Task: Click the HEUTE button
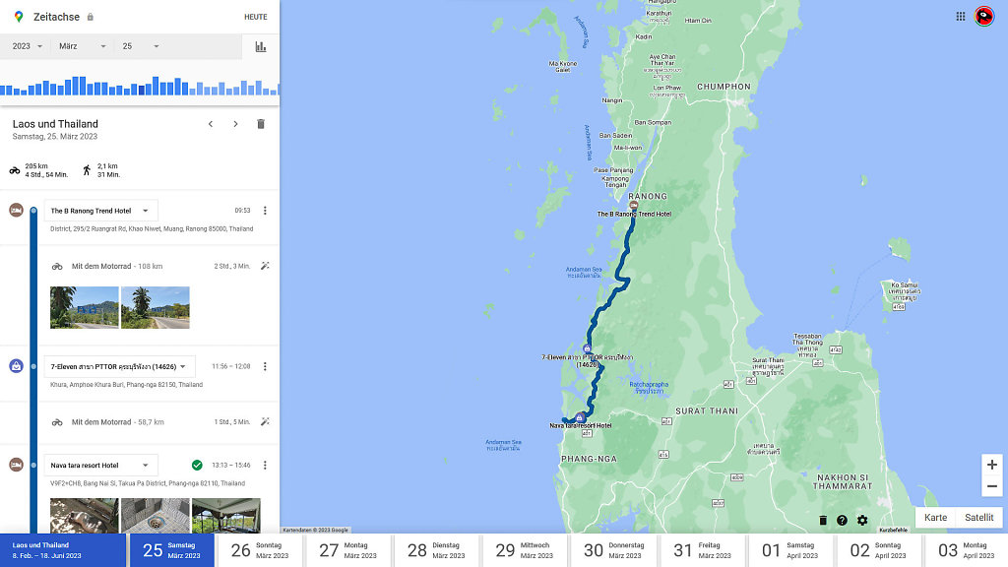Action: click(255, 17)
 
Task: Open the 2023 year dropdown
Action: click(28, 46)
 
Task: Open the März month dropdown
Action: click(82, 46)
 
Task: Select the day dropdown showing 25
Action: click(141, 46)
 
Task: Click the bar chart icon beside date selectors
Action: click(261, 46)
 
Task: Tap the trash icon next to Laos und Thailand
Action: click(261, 124)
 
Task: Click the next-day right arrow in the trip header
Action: click(235, 124)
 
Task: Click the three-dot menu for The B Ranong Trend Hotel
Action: click(264, 211)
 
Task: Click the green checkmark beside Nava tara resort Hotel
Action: click(197, 465)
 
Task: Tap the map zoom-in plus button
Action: click(991, 465)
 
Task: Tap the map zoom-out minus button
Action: click(991, 486)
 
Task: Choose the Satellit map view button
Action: click(978, 518)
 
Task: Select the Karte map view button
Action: click(935, 518)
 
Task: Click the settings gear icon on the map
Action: click(862, 521)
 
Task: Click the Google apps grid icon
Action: click(960, 16)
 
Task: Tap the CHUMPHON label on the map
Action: click(724, 87)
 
